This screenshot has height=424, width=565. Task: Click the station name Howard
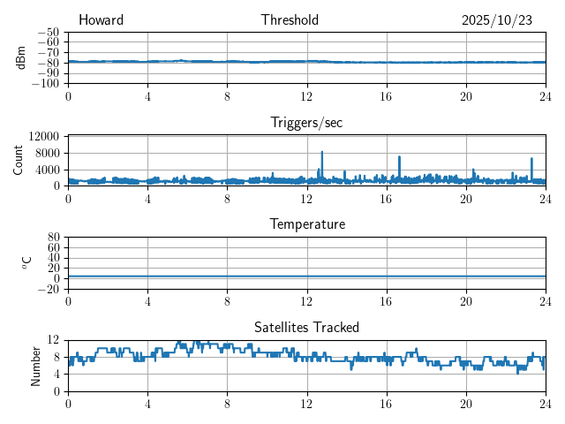coord(101,20)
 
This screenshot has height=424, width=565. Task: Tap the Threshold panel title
coord(290,20)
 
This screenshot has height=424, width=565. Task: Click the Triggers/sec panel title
coord(306,123)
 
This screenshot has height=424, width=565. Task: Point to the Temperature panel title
coord(306,224)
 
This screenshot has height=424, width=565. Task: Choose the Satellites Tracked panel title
coord(306,327)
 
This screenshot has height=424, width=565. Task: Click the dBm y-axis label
coord(21,57)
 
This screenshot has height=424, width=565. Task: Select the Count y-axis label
coord(19,160)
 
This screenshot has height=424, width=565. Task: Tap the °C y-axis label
coord(26,262)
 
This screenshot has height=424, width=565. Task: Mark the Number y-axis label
coord(35,365)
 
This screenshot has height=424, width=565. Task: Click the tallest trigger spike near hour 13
coord(322,152)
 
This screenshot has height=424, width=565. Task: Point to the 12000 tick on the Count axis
coord(43,137)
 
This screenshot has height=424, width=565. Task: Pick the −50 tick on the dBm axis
coord(49,32)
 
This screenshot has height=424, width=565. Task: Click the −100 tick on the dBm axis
coord(46,84)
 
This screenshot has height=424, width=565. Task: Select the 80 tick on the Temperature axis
coord(53,238)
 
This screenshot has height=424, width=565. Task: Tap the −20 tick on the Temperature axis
coord(49,289)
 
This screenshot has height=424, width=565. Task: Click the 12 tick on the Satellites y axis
coord(53,340)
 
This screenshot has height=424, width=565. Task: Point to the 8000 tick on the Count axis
coord(46,153)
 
